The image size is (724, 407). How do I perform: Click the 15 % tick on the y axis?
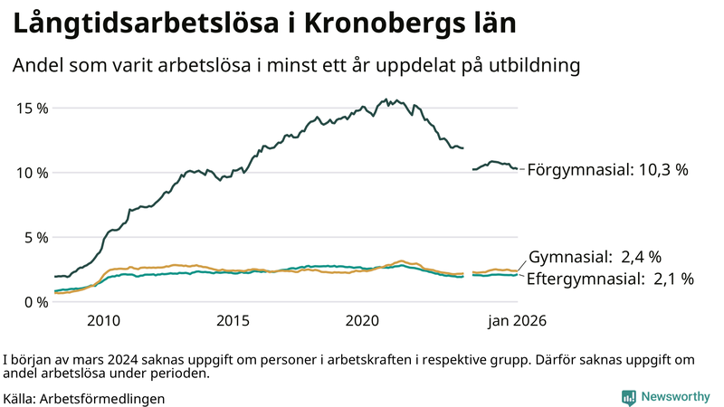(33, 108)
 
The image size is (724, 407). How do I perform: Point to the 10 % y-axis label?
(33, 173)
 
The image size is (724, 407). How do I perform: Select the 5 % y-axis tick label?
(36, 238)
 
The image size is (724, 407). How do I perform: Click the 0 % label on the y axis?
(36, 302)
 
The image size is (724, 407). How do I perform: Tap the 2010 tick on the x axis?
(103, 321)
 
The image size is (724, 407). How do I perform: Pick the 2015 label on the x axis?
(233, 321)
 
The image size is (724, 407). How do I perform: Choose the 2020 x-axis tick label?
(362, 321)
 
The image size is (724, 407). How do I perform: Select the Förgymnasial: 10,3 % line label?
(607, 169)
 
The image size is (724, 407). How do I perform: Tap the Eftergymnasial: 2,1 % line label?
(610, 279)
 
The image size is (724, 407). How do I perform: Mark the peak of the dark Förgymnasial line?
(386, 99)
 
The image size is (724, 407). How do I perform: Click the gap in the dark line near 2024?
(468, 158)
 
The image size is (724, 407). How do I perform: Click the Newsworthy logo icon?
(628, 397)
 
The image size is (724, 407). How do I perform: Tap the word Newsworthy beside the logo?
(675, 397)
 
